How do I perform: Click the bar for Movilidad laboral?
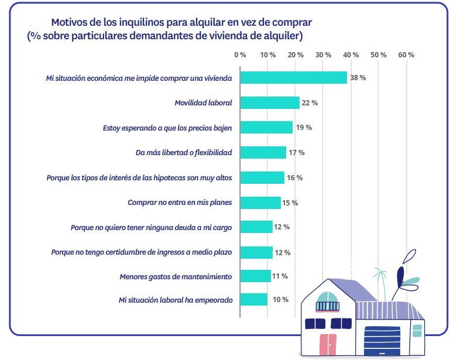click(270, 102)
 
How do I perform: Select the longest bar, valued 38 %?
click(293, 78)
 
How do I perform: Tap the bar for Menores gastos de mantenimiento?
click(255, 276)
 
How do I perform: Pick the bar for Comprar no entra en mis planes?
click(260, 203)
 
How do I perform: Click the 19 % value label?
click(304, 128)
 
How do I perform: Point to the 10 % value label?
click(280, 300)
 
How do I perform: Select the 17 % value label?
click(297, 153)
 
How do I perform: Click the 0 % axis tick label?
click(240, 54)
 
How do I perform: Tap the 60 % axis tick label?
click(406, 54)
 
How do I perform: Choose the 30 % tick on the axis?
click(324, 54)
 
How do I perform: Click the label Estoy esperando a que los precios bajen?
click(167, 128)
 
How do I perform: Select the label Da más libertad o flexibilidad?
click(184, 153)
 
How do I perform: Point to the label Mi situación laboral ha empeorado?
click(176, 300)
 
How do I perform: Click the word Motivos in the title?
click(70, 22)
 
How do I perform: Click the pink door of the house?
click(328, 345)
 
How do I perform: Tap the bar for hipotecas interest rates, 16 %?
click(262, 177)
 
